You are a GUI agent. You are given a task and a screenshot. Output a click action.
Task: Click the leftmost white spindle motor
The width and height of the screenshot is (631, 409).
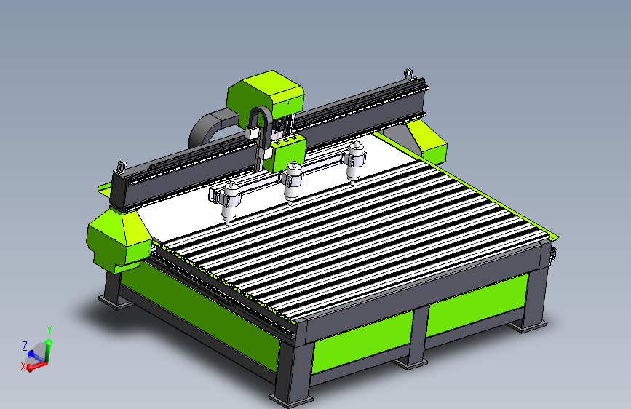tap(230, 202)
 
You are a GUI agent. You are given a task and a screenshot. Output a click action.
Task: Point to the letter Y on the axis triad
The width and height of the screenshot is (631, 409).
tap(49, 330)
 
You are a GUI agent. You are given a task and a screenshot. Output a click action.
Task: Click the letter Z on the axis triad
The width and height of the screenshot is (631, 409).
tap(25, 346)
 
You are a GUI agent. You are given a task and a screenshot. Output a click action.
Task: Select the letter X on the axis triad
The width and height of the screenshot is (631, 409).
tap(23, 366)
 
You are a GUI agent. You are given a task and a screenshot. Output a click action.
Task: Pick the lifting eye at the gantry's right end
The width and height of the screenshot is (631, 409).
tap(409, 74)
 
